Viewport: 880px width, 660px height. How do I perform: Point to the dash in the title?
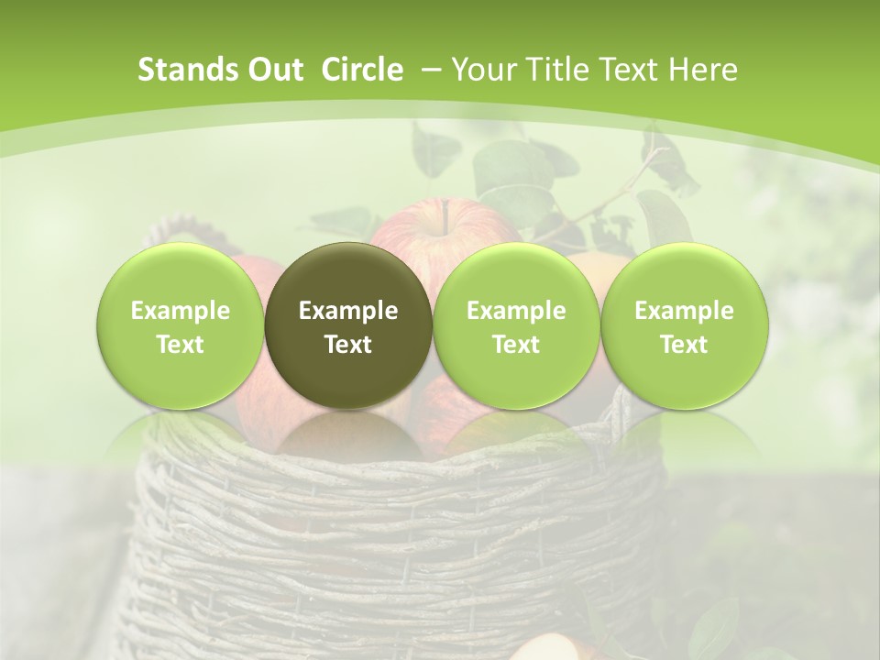point(434,70)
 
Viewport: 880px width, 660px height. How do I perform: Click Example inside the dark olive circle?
point(347,312)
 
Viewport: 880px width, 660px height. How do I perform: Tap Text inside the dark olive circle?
point(347,345)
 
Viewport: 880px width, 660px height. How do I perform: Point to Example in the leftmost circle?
point(180,312)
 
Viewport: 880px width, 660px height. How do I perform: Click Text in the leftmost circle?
point(180,345)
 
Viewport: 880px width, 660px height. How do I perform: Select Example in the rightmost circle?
point(684,312)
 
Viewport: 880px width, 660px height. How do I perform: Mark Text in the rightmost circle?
point(684,345)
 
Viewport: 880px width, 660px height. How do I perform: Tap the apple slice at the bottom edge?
point(545,648)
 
